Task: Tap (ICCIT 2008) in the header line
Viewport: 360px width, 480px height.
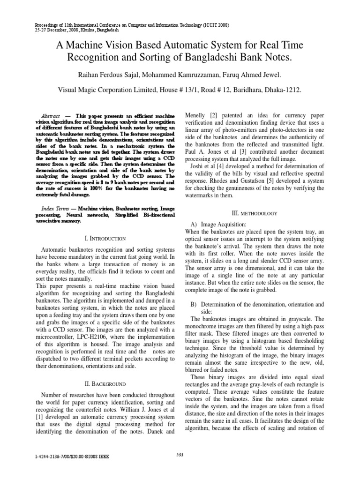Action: (213, 24)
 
